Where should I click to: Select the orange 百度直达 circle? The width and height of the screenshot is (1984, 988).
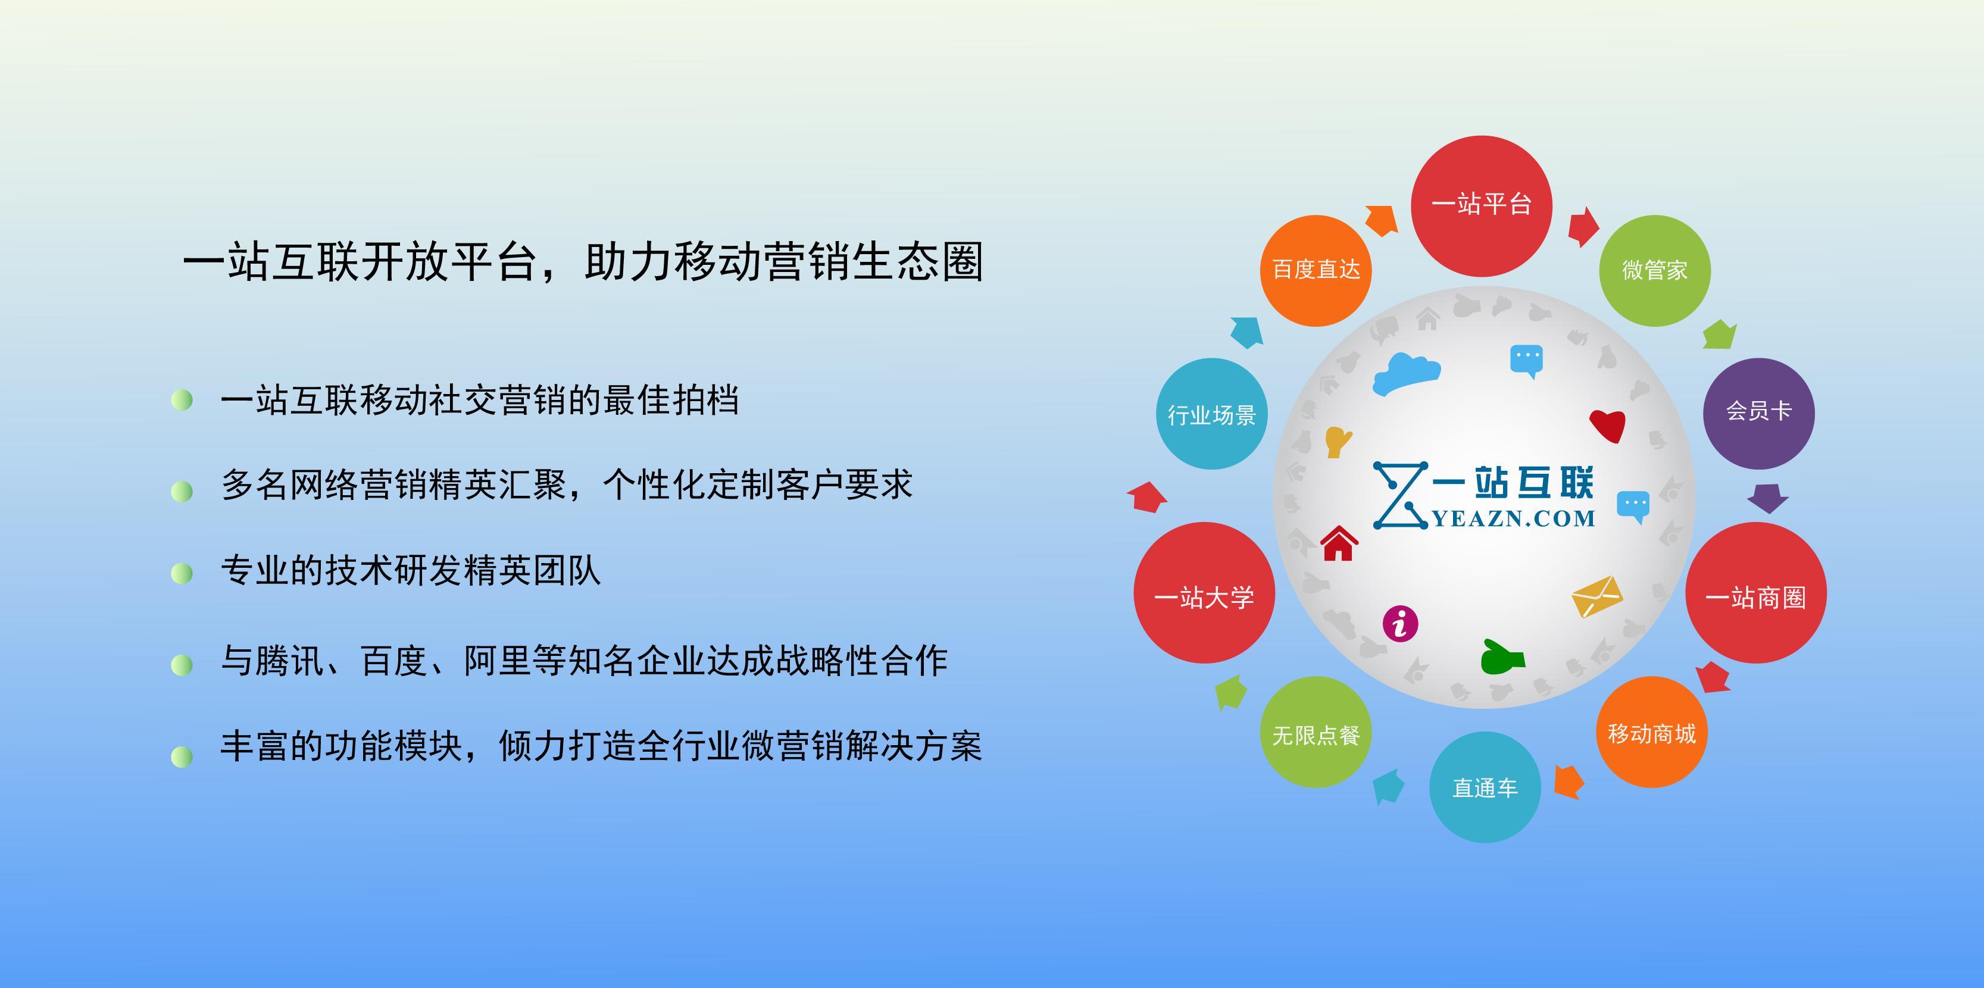pyautogui.click(x=1316, y=270)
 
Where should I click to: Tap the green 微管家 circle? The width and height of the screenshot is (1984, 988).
pyautogui.click(x=1654, y=270)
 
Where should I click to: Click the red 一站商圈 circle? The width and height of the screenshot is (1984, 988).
pyautogui.click(x=1755, y=593)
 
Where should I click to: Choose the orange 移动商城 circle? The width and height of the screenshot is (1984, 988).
pyautogui.click(x=1651, y=731)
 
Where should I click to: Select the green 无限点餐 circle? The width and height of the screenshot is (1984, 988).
pyautogui.click(x=1316, y=732)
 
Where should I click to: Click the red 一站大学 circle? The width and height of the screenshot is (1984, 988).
pyautogui.click(x=1204, y=593)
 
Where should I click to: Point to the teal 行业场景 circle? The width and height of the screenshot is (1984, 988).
pyautogui.click(x=1211, y=414)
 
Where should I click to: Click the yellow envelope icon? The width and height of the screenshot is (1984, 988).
pyautogui.click(x=1596, y=597)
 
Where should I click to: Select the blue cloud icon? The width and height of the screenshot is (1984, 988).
pyautogui.click(x=1407, y=374)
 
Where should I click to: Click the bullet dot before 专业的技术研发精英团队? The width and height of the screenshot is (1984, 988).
pyautogui.click(x=182, y=574)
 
